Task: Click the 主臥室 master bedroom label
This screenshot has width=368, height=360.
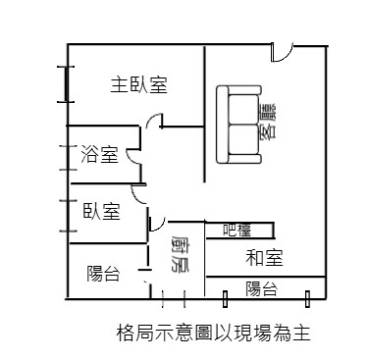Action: (138, 85)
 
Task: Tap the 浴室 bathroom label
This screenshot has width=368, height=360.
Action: (99, 154)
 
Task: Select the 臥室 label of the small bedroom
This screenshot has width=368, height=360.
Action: (102, 211)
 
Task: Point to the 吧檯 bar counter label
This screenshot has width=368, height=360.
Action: (237, 231)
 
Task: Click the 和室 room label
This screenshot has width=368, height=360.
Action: (264, 257)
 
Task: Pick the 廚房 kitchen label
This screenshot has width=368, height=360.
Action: (180, 253)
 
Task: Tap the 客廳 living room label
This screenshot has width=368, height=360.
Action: (267, 122)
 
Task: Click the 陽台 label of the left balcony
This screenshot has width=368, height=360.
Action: (103, 274)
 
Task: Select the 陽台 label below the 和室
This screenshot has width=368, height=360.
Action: (262, 288)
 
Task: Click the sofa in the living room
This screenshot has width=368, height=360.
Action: (238, 125)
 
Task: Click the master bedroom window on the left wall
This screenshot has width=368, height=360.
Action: (67, 84)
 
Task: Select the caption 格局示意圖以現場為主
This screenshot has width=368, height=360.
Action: (213, 333)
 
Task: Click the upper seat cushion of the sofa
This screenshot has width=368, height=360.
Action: (243, 109)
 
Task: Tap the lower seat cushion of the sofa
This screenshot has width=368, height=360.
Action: (243, 139)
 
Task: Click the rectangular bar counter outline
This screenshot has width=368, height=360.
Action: (239, 231)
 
